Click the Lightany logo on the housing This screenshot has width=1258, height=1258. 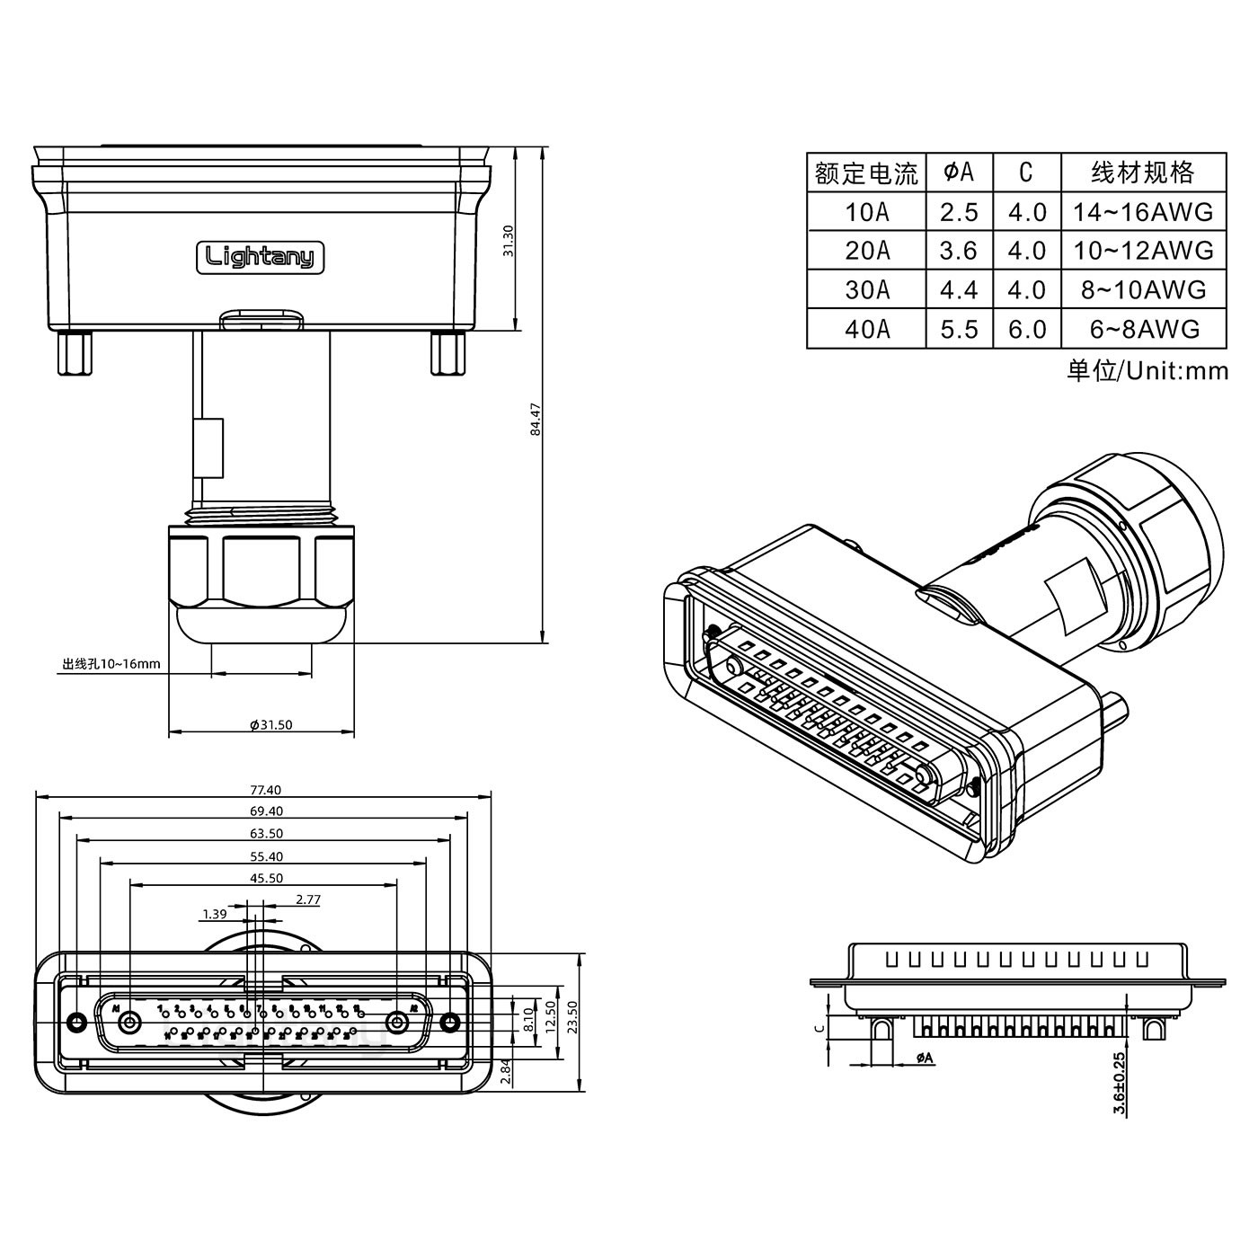coord(261,258)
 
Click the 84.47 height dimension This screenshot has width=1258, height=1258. coord(536,419)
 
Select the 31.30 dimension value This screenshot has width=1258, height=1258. coord(508,241)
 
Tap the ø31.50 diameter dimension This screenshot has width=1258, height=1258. coord(271,724)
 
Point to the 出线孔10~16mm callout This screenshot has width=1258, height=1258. coord(111,664)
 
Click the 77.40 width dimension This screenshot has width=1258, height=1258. coord(265,790)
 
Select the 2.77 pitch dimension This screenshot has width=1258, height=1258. coord(308,899)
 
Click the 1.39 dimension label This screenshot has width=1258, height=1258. coord(214,915)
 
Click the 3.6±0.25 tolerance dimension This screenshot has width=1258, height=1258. coord(1119,1083)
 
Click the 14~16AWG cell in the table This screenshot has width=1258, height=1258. coord(1143,212)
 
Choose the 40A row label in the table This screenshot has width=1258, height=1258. coord(867,329)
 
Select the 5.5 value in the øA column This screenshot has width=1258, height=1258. coord(959,329)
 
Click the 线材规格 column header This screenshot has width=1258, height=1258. coord(1143,172)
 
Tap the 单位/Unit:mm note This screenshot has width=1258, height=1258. coord(1147,369)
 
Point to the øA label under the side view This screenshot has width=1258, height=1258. coord(925,1059)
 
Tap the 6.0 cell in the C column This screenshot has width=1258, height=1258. coord(1027,329)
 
